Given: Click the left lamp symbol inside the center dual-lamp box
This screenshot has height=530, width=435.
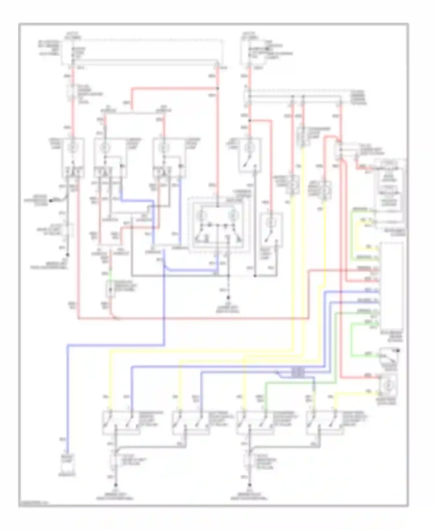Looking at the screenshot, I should pos(202,215).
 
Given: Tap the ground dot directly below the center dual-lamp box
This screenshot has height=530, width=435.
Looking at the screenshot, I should pos(228,297).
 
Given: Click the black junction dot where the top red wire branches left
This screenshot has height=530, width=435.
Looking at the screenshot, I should pos(218,88).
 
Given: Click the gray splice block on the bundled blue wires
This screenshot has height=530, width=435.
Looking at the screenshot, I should pos(298,372).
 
